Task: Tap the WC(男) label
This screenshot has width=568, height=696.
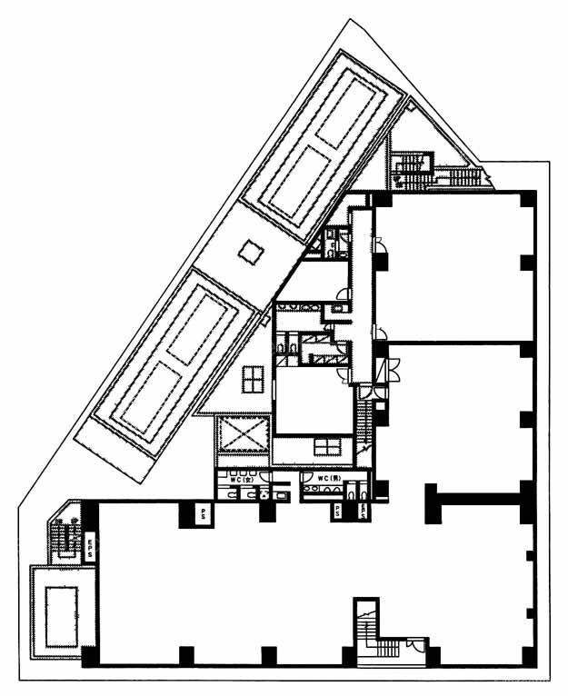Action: [327, 479]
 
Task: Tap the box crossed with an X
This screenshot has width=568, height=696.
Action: [244, 438]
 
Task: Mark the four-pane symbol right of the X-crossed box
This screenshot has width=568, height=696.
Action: [326, 445]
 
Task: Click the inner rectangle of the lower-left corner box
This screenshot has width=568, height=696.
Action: [62, 611]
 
